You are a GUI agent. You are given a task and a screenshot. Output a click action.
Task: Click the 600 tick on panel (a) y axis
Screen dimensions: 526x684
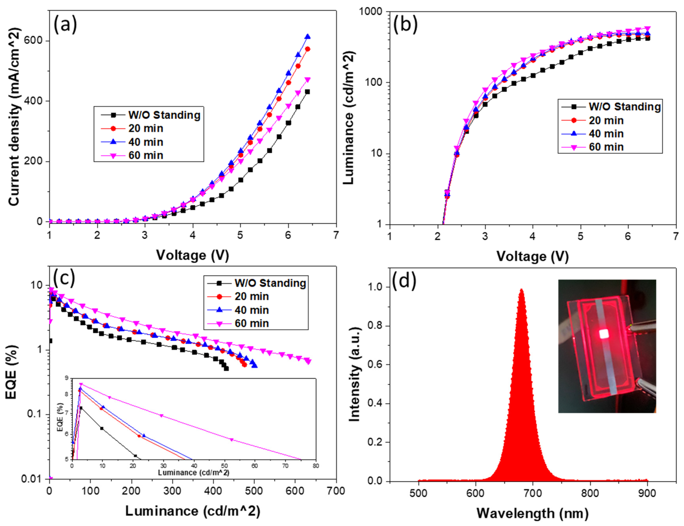point(33,41)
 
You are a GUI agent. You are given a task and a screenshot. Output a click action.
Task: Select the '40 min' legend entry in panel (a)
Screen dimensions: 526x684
point(146,142)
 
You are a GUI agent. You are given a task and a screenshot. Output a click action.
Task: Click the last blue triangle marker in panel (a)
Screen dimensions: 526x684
point(307,37)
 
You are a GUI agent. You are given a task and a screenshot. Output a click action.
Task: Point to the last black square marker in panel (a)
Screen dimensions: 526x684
point(307,92)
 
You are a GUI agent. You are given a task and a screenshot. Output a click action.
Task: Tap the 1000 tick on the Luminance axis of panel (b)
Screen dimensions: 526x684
point(370,12)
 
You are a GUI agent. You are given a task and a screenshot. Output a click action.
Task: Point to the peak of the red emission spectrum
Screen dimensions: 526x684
point(521,290)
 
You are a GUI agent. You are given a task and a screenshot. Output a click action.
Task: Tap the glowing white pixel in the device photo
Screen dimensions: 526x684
point(604,334)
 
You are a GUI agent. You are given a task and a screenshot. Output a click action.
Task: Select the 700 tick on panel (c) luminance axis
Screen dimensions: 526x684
point(336,491)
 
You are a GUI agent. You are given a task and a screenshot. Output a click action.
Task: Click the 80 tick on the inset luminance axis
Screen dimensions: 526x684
point(316,466)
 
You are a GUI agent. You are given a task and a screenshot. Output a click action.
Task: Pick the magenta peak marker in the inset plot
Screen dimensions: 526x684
point(81,384)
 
